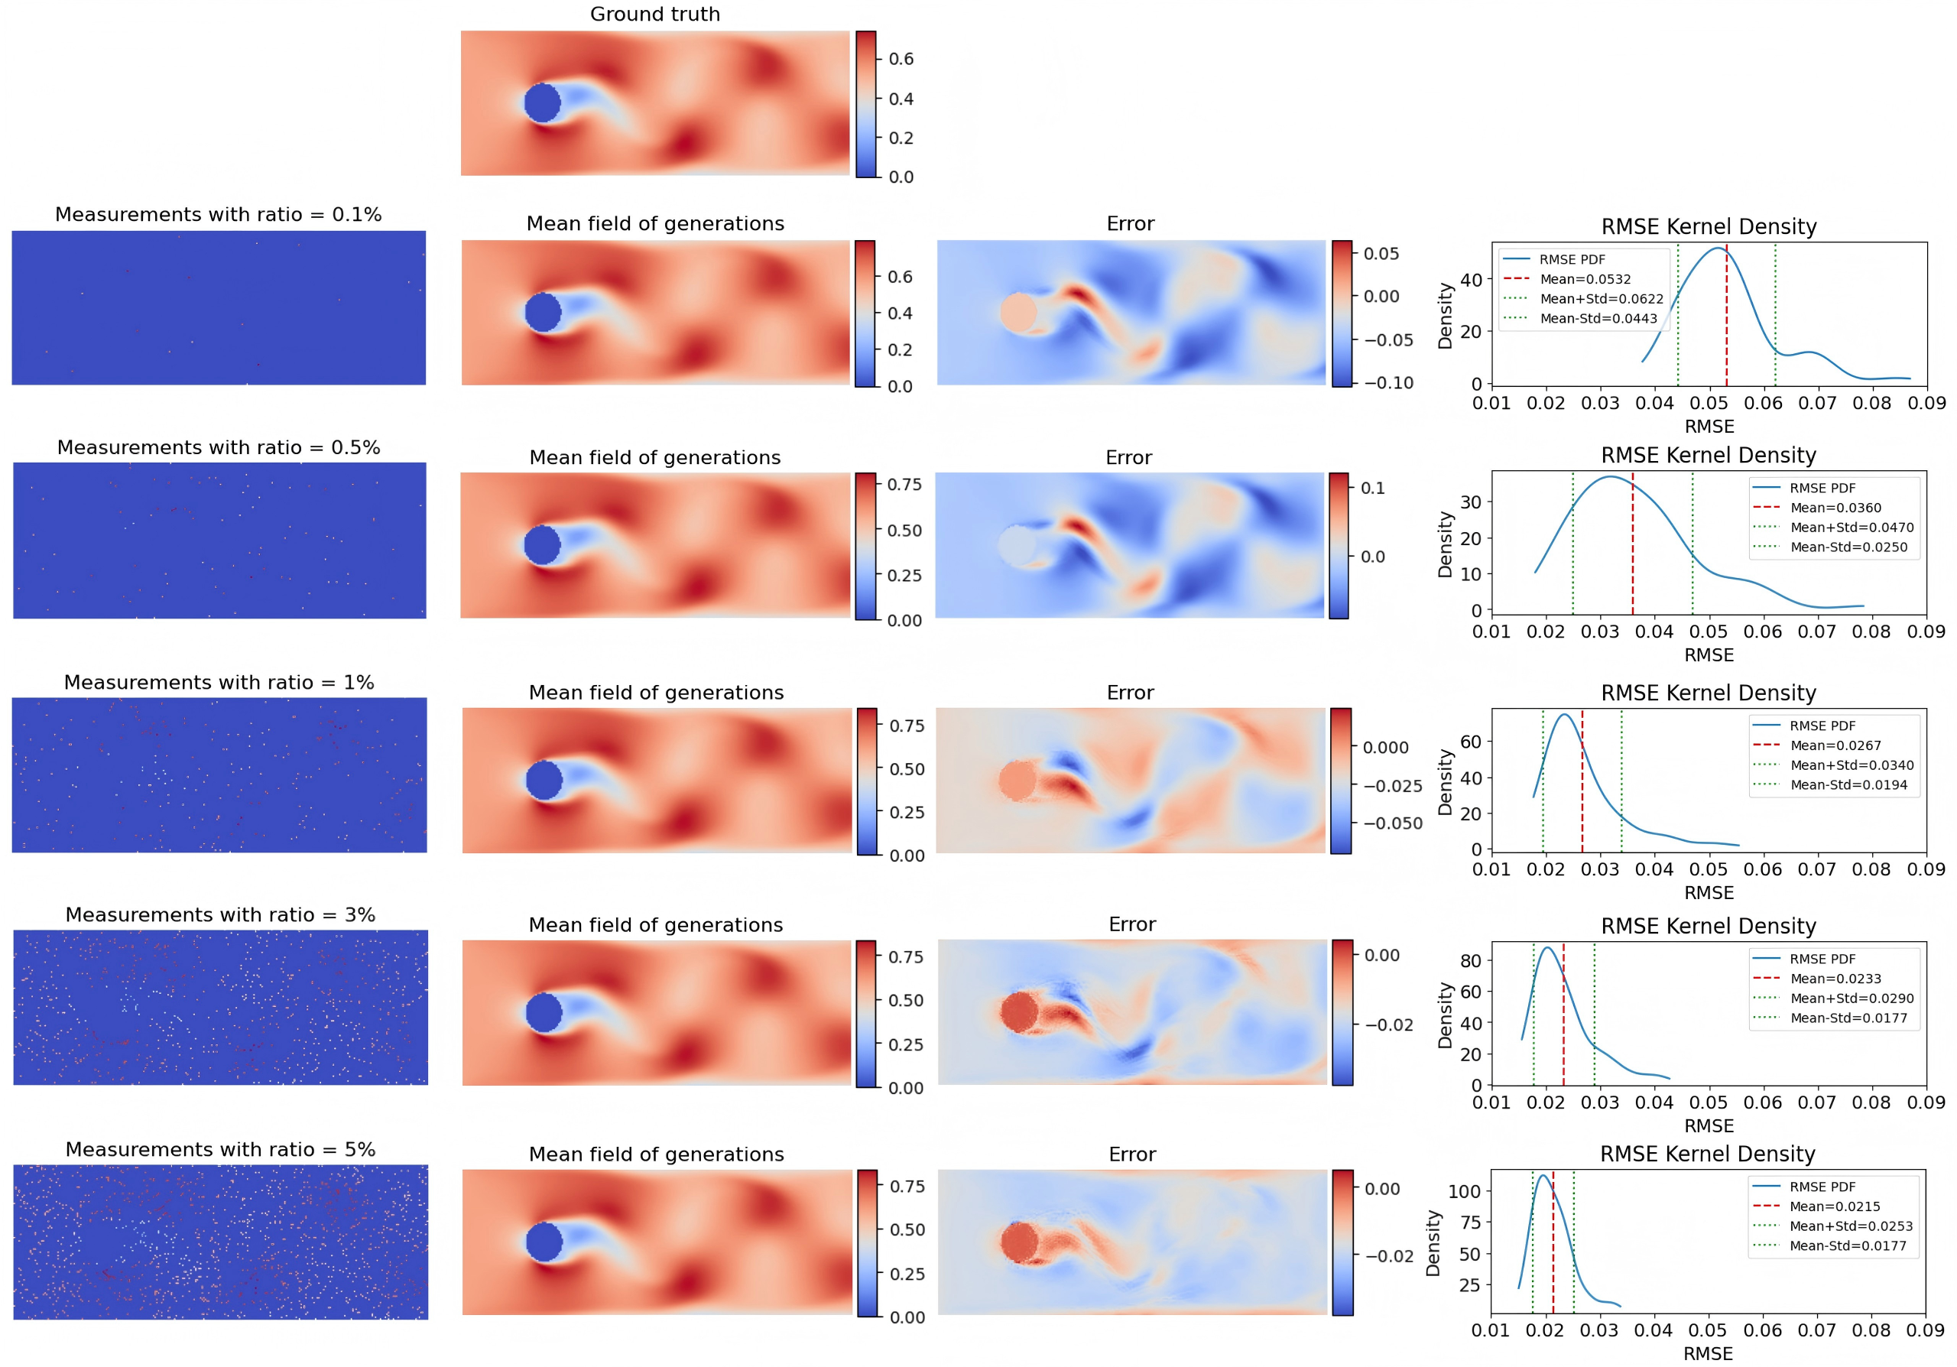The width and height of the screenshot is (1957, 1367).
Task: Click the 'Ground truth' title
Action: pyautogui.click(x=654, y=15)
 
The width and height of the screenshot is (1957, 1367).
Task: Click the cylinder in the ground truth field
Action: pyautogui.click(x=542, y=103)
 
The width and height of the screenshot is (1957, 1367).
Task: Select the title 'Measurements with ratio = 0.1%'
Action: pyautogui.click(x=218, y=215)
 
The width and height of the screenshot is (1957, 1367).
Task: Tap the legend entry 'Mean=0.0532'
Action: pyautogui.click(x=1585, y=280)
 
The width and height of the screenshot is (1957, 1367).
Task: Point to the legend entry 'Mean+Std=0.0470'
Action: pyautogui.click(x=1852, y=528)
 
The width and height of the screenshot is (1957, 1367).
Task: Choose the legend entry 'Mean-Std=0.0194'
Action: pyautogui.click(x=1848, y=785)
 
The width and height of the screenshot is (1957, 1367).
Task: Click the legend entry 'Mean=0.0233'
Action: pyautogui.click(x=1835, y=979)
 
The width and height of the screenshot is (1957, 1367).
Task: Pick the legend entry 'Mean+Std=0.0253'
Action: pyautogui.click(x=1851, y=1226)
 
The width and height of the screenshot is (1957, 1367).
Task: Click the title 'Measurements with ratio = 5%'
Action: pyautogui.click(x=220, y=1150)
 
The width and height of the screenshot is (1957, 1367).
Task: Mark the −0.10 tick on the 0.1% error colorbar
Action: pyautogui.click(x=1387, y=384)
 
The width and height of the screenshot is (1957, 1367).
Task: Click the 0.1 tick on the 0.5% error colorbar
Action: pyautogui.click(x=1372, y=489)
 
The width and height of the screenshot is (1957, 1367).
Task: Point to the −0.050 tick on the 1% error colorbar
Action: pyautogui.click(x=1391, y=823)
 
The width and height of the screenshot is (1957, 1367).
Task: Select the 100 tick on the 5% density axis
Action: pyautogui.click(x=1465, y=1191)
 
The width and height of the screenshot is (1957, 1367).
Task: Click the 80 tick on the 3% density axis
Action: pyautogui.click(x=1470, y=960)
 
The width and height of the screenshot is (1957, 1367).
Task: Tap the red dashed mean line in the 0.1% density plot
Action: pyautogui.click(x=1726, y=324)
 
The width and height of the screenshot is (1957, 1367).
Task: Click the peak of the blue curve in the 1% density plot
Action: pyautogui.click(x=1565, y=715)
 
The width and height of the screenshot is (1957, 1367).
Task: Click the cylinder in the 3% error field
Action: pyautogui.click(x=1020, y=1013)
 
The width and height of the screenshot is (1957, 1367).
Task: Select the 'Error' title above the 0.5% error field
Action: pyautogui.click(x=1128, y=458)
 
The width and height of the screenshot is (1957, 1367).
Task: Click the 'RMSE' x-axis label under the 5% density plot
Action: pyautogui.click(x=1708, y=1353)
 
